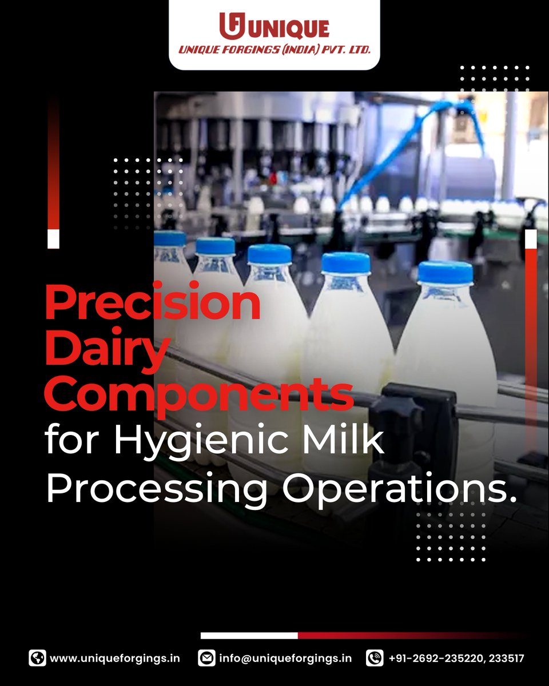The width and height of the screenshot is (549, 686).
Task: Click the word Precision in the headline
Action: (x=153, y=304)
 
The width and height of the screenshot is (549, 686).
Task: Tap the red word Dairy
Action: (x=106, y=350)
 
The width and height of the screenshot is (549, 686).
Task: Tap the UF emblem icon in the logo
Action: (x=232, y=26)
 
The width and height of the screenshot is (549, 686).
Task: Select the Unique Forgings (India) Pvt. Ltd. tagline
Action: (x=274, y=50)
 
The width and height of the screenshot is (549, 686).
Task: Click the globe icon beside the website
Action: (x=37, y=658)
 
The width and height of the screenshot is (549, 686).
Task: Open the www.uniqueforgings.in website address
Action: (x=115, y=658)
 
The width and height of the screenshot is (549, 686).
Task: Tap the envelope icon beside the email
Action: (x=206, y=658)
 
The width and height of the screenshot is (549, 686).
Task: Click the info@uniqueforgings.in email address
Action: (x=285, y=658)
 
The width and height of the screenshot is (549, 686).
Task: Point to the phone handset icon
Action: (x=375, y=658)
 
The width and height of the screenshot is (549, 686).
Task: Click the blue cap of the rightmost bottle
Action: (x=445, y=272)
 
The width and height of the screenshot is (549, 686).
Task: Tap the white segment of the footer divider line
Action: (x=249, y=635)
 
